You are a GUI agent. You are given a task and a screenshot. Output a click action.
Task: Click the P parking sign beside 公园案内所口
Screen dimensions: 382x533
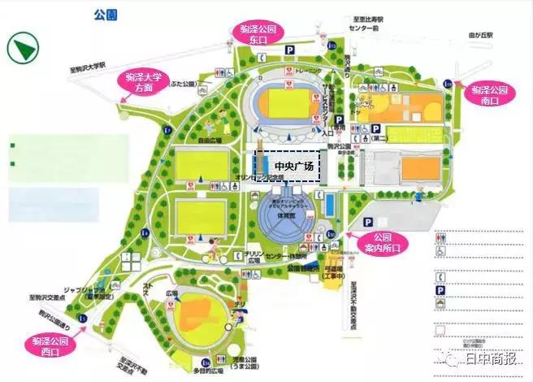[x=367, y=220]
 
